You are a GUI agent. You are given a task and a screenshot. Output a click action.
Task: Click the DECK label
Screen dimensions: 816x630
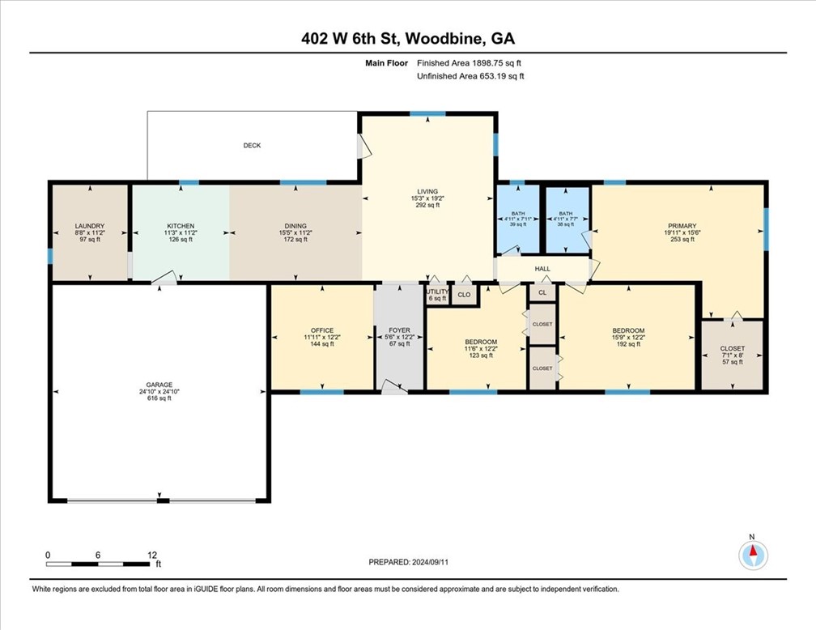(252, 145)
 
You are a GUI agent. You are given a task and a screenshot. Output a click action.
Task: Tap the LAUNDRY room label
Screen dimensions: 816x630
(90, 226)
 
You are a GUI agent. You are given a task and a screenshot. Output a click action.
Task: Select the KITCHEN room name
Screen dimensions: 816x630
(181, 226)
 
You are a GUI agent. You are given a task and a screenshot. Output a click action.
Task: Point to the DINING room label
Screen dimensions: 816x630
(295, 226)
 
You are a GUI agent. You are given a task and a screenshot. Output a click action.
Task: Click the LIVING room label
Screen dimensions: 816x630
(427, 192)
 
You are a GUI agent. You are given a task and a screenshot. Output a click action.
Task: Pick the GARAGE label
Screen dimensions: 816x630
(159, 385)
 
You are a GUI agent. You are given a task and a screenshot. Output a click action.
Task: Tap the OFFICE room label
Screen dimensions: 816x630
(322, 330)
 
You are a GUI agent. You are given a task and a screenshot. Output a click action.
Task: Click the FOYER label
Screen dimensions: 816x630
(400, 330)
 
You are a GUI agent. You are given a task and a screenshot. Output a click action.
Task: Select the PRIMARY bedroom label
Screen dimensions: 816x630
(682, 226)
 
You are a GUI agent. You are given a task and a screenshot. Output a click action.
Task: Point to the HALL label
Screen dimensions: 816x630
(542, 269)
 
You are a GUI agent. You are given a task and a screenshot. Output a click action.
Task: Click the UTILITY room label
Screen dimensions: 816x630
(437, 292)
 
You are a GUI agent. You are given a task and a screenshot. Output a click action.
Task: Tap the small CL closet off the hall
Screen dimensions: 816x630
(542, 292)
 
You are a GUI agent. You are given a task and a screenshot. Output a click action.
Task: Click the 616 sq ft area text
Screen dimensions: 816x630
(159, 398)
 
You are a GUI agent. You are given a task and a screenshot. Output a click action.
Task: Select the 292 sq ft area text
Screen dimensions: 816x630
(427, 205)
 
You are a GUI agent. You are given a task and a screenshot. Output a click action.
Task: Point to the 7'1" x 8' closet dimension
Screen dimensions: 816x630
(732, 355)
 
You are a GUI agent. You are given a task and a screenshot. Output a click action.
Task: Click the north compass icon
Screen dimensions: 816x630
(753, 556)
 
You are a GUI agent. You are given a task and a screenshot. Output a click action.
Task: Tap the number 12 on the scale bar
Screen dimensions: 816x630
(152, 555)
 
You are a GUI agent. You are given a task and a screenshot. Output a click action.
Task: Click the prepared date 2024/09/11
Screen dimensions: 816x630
(430, 562)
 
